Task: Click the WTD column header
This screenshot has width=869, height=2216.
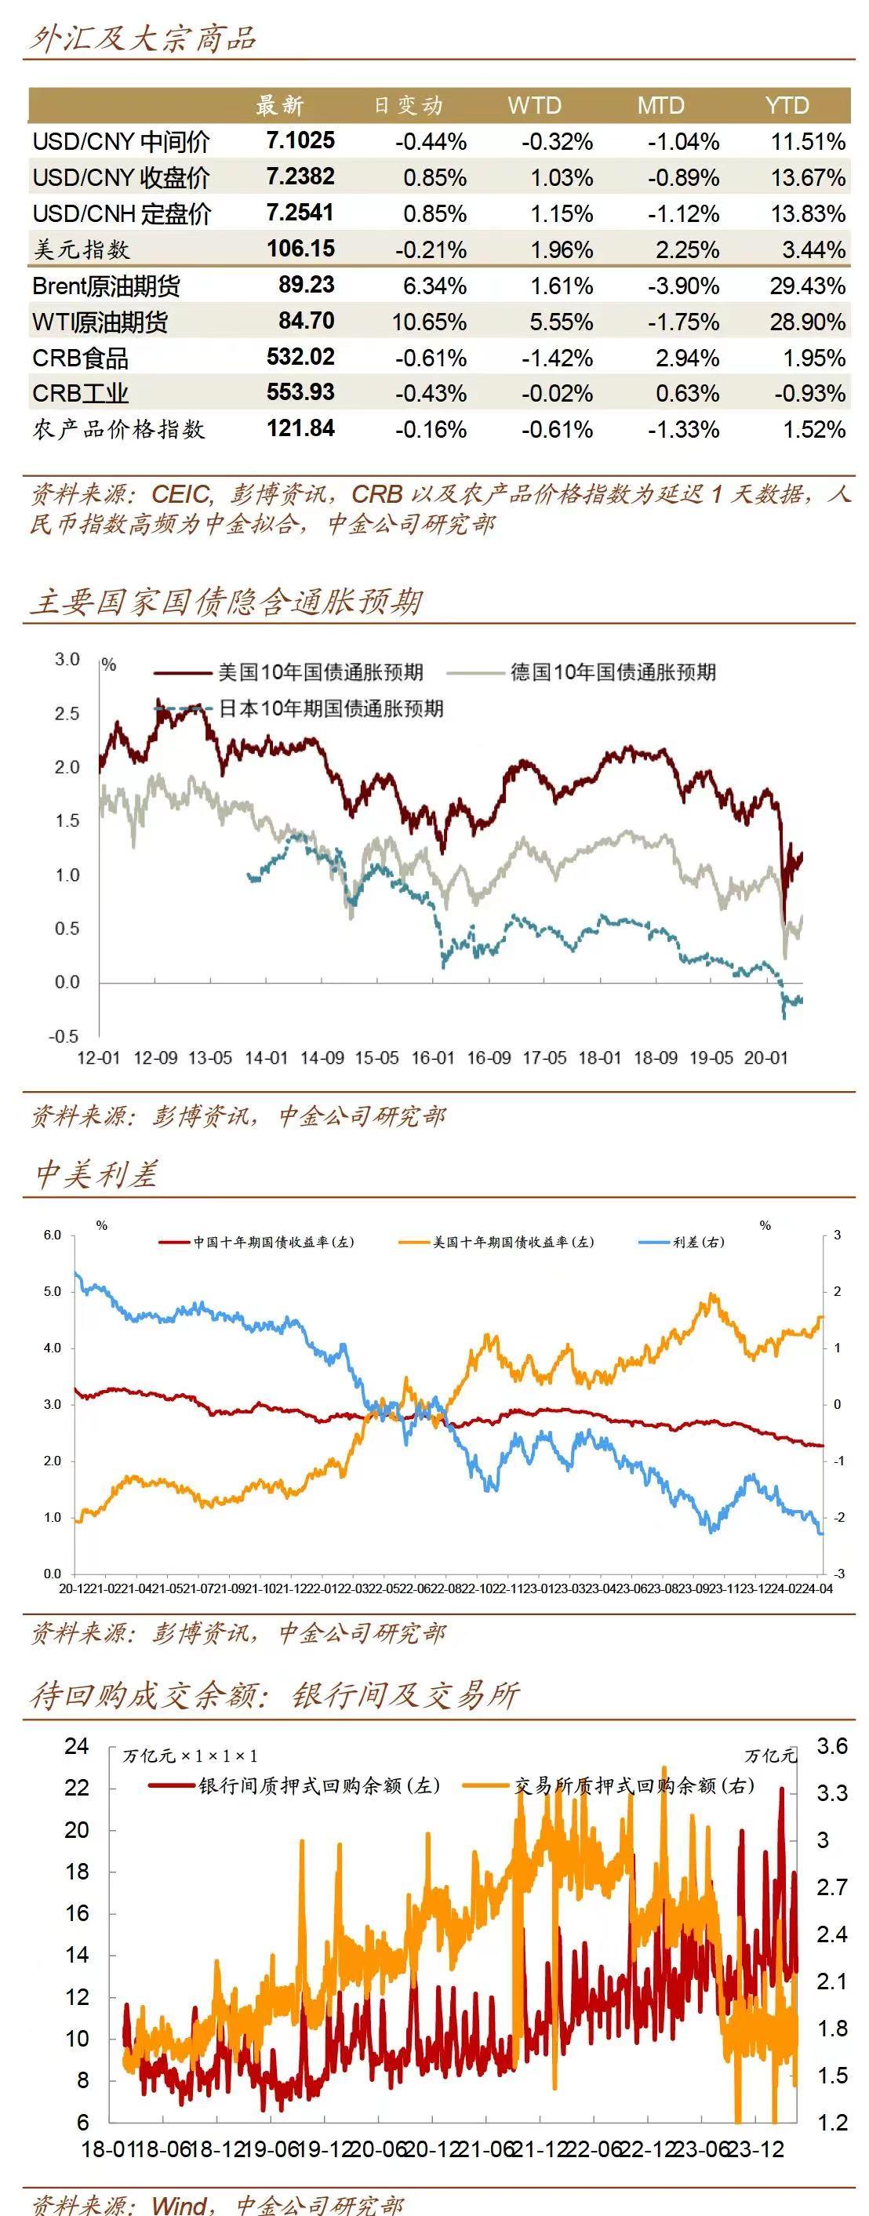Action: click(533, 106)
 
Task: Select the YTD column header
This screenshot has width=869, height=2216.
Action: click(787, 106)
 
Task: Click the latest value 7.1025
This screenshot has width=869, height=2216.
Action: click(300, 140)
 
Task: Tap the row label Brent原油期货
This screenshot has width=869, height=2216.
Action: click(106, 286)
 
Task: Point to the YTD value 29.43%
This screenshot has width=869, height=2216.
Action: click(807, 286)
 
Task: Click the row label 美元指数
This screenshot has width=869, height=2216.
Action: click(81, 249)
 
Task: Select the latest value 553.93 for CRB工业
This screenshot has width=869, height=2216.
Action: click(300, 392)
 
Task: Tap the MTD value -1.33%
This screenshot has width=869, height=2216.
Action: click(683, 428)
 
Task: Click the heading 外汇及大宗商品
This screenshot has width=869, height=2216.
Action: click(143, 38)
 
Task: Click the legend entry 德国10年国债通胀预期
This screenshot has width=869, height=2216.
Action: click(613, 671)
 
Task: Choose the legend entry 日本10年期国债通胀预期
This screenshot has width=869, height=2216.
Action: click(330, 708)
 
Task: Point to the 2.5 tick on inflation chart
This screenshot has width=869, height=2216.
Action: click(67, 713)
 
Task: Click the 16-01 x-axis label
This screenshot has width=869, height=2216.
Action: click(433, 1057)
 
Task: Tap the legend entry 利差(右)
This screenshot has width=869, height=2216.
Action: click(698, 1241)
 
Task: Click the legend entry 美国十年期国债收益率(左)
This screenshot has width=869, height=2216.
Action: click(513, 1241)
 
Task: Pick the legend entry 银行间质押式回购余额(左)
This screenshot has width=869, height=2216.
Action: click(319, 1785)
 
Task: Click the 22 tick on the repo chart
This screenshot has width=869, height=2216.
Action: click(77, 1788)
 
